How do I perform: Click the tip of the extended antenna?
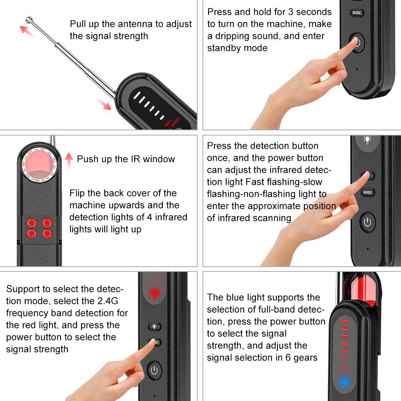tap(28, 19)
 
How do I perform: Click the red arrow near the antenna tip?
tap(27, 30)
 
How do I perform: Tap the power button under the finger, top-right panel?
tap(357, 42)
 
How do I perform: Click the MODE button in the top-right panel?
tap(356, 12)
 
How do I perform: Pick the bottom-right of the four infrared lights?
tap(47, 233)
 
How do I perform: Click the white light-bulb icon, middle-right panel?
tap(367, 140)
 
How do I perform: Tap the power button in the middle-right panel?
tap(367, 222)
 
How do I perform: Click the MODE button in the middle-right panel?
tap(367, 192)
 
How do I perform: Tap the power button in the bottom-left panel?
tap(154, 370)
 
